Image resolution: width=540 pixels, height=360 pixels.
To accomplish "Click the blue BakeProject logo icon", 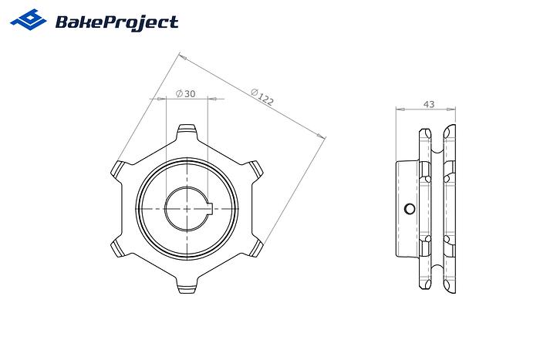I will (x=28, y=20).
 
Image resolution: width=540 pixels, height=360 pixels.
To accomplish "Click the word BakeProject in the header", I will (x=116, y=22).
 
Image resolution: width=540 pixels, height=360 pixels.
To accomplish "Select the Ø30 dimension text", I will (x=186, y=93).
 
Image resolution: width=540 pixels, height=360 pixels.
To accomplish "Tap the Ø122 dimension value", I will (x=262, y=96).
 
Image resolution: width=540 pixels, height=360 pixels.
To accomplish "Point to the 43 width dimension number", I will (x=429, y=103).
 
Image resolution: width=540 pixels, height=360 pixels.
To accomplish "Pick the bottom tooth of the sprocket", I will (x=186, y=287).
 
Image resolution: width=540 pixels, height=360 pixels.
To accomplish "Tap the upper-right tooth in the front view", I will (x=253, y=169).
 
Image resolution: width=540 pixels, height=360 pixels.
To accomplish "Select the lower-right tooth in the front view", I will (x=254, y=247).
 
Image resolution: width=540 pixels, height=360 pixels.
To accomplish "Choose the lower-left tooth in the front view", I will (x=118, y=247).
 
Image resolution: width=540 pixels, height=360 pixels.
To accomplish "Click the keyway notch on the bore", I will (x=208, y=208).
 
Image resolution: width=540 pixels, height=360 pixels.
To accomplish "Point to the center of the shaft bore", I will (x=186, y=208).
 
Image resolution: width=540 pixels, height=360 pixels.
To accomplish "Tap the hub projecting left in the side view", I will (x=406, y=208).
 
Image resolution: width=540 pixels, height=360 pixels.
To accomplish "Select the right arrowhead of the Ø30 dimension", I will (x=220, y=99).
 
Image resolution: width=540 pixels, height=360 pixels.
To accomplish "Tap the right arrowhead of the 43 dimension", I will (x=453, y=109).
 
